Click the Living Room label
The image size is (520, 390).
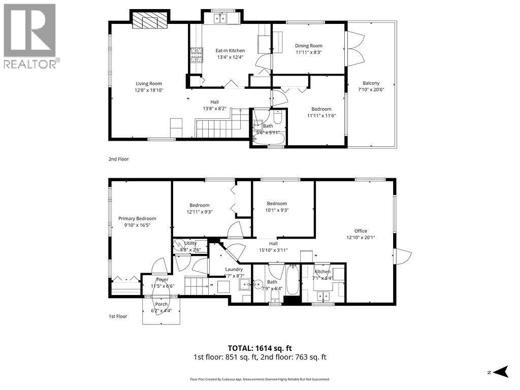148,84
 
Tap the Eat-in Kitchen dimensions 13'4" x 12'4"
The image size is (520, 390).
230,57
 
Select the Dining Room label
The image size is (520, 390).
309,46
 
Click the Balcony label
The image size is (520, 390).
371,83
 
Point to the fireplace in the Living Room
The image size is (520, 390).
149,22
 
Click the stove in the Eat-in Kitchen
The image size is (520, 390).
193,54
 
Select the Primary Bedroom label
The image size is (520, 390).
137,218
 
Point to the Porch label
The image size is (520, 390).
161,304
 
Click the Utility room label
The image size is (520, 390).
190,243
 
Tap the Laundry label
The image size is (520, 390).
234,269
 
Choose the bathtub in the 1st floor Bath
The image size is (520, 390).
292,280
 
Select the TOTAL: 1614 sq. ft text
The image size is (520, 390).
259,348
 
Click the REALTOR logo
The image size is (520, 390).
30,36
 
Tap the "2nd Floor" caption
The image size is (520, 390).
118,159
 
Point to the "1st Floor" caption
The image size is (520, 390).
118,316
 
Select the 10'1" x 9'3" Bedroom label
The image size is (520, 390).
277,204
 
